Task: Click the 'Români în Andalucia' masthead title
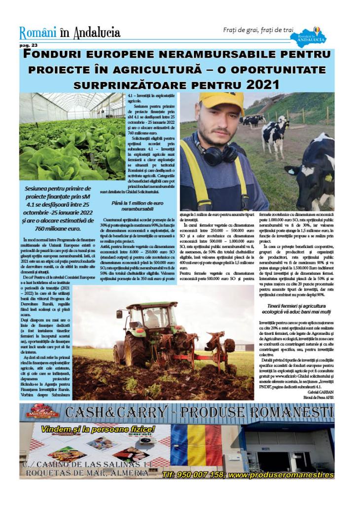(70, 33)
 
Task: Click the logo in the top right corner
(308, 37)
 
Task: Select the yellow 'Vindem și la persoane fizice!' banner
(98, 429)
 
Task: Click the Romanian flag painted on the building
(196, 445)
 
